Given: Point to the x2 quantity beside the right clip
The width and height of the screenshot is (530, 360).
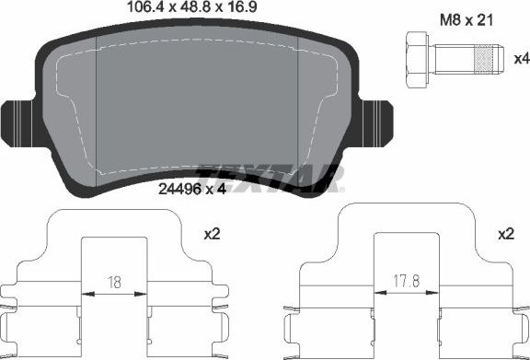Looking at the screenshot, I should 504,236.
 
